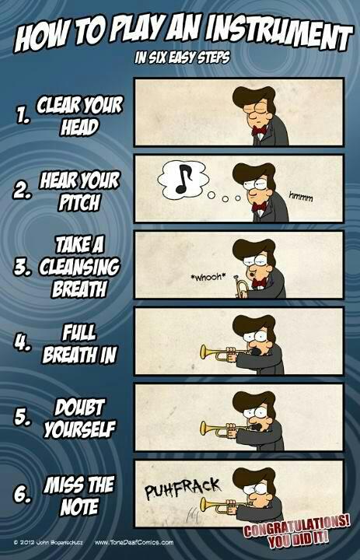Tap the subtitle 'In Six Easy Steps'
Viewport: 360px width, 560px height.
(182, 57)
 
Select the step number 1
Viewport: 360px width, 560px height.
(23, 116)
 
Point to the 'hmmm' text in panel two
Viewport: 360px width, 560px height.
(301, 197)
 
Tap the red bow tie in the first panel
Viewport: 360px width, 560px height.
(259, 130)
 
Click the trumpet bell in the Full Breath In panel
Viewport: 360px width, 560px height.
(204, 352)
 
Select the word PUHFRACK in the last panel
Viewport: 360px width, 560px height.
(183, 488)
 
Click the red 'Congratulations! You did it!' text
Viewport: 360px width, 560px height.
(296, 530)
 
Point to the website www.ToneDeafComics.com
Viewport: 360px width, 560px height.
(134, 543)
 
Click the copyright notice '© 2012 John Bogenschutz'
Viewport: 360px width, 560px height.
(48, 543)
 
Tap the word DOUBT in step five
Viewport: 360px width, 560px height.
(79, 408)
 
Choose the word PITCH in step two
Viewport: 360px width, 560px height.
(79, 202)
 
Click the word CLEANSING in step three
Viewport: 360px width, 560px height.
(79, 267)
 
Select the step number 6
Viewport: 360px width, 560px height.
(22, 495)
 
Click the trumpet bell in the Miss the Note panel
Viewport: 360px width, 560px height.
(204, 505)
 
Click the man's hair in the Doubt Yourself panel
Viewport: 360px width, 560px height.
(254, 400)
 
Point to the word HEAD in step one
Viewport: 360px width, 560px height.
(79, 128)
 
